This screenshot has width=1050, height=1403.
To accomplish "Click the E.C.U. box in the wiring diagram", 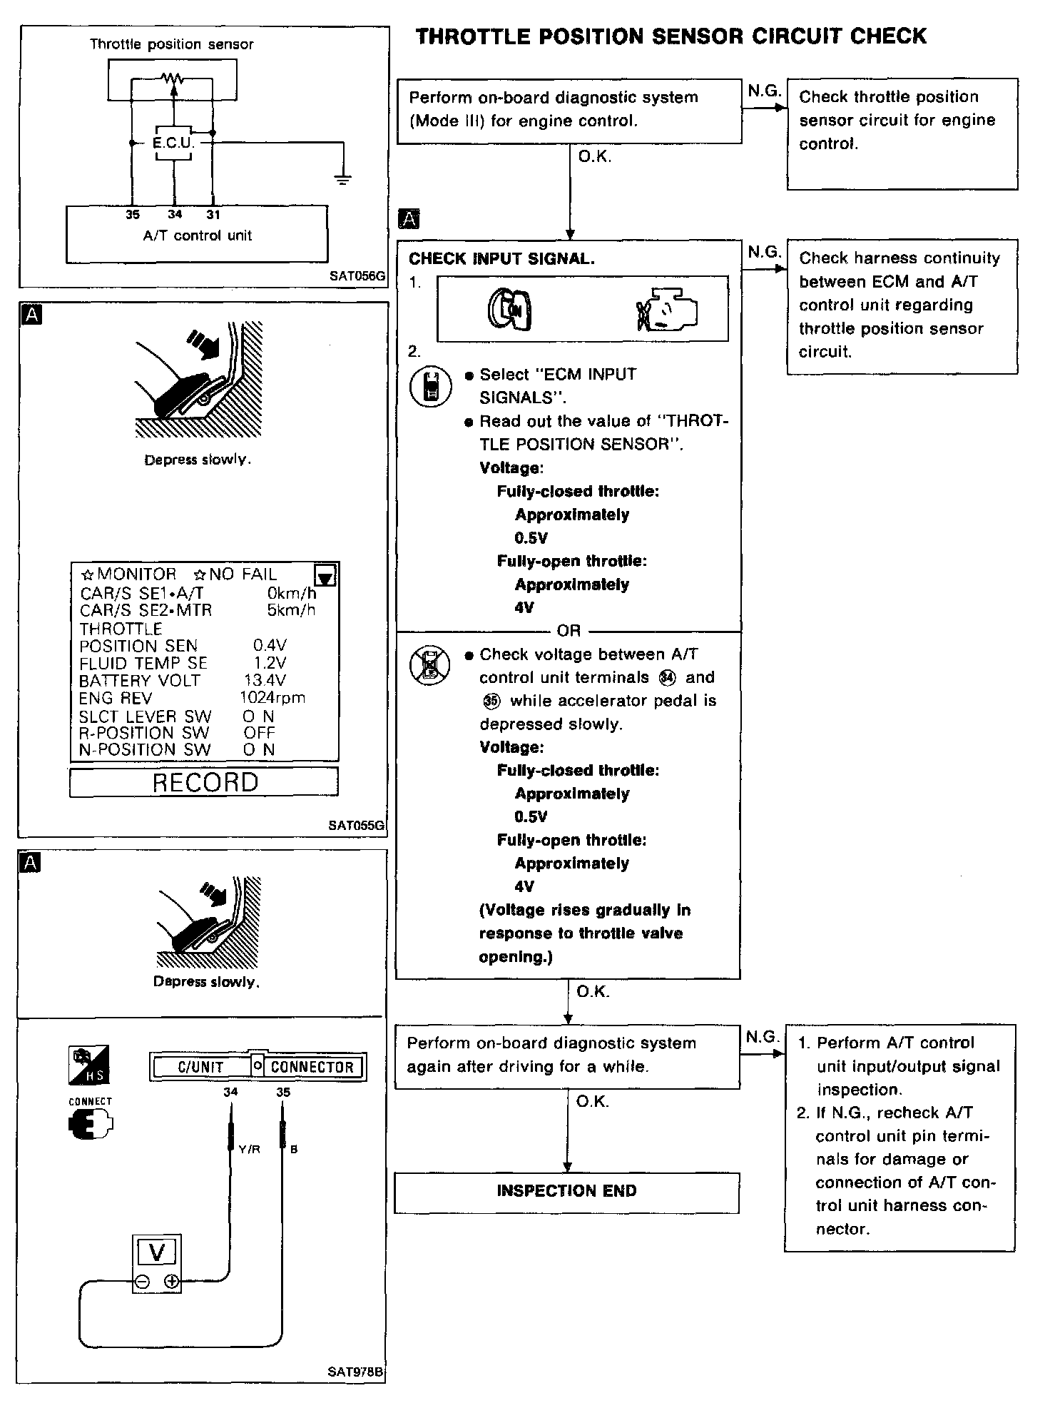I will pyautogui.click(x=173, y=143).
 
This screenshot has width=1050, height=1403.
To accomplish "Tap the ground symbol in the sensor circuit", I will pyautogui.click(x=343, y=178).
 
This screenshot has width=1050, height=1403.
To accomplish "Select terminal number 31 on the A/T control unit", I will pyautogui.click(x=213, y=214).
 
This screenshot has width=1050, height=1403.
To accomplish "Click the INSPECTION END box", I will pyautogui.click(x=566, y=1191).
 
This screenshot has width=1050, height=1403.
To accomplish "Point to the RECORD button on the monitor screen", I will pyautogui.click(x=205, y=782).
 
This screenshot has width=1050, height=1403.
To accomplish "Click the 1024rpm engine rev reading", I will pyautogui.click(x=272, y=698).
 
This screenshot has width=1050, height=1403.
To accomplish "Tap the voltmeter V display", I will pyautogui.click(x=158, y=1252).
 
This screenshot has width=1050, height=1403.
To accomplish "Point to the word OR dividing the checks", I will pyautogui.click(x=569, y=631).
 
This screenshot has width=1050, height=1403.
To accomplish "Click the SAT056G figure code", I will pyautogui.click(x=357, y=276).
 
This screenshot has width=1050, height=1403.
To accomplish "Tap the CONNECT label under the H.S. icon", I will pyautogui.click(x=90, y=1101).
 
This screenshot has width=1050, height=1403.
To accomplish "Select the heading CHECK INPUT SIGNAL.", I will pyautogui.click(x=501, y=259).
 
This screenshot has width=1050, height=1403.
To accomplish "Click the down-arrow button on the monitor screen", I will pyautogui.click(x=325, y=575).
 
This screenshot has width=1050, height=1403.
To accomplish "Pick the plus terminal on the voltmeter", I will pyautogui.click(x=171, y=1282).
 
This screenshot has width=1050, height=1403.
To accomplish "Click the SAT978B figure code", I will pyautogui.click(x=356, y=1372).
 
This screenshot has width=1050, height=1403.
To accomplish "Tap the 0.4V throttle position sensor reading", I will pyautogui.click(x=269, y=646).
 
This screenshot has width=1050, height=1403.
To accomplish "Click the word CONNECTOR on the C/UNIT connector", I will pyautogui.click(x=312, y=1067).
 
